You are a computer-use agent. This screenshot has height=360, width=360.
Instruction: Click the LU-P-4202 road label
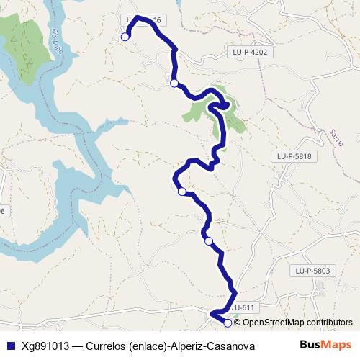250,52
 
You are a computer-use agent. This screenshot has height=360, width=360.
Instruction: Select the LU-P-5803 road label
312,271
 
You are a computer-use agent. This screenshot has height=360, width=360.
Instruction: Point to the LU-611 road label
243,307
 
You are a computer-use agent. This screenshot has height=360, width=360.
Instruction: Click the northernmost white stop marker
125,37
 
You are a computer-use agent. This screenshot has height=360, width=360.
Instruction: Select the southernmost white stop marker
228,323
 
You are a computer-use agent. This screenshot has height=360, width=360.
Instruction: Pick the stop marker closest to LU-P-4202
174,84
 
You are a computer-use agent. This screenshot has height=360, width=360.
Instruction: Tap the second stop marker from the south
209,241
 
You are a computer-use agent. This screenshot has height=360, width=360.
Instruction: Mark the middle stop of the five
182,191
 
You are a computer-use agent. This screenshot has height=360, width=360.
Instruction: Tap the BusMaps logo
325,345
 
